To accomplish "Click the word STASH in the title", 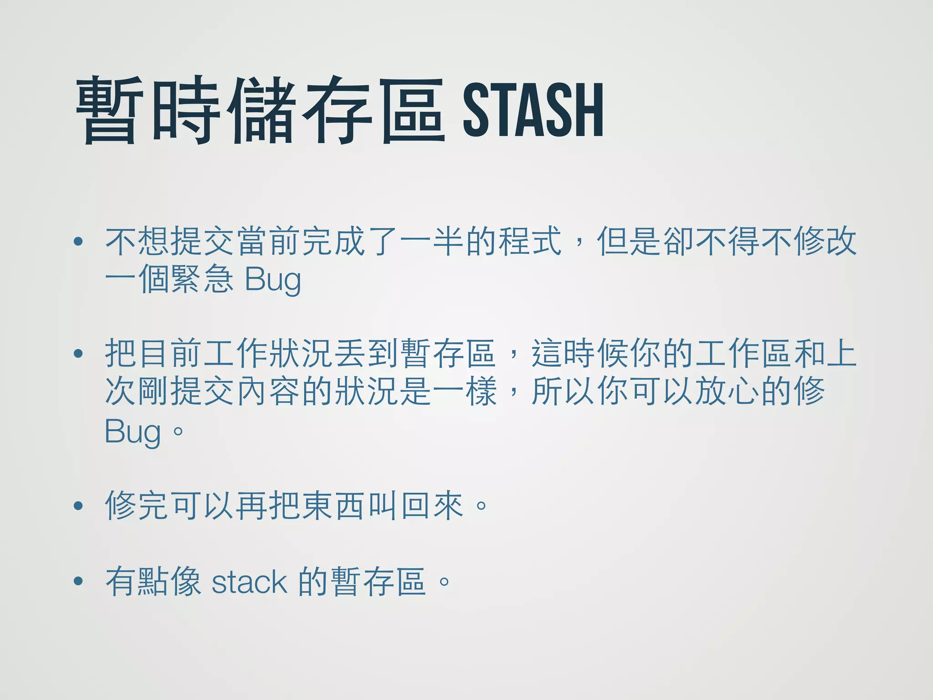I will (533, 111).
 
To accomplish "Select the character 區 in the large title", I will (412, 111).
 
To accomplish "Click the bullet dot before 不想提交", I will (78, 242).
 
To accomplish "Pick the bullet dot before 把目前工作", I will (78, 353).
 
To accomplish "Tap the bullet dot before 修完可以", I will (78, 505).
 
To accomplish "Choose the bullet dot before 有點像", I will (78, 581).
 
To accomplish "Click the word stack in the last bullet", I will (249, 582).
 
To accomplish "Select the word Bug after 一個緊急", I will (273, 280).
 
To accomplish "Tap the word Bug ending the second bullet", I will (133, 432).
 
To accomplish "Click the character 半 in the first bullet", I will (449, 241).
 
